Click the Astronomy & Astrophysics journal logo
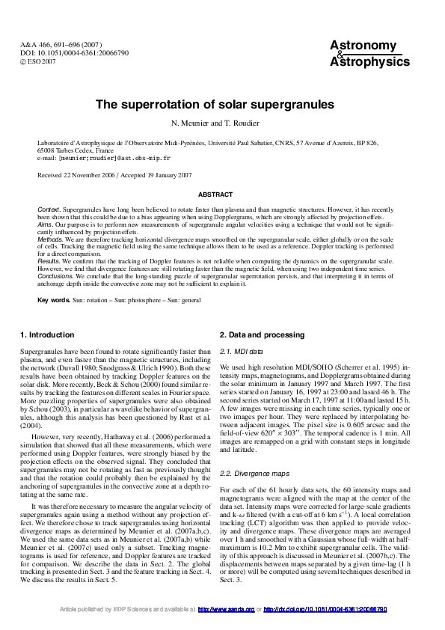point(369,54)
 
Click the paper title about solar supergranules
point(222,105)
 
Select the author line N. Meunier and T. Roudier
point(222,123)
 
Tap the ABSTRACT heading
point(222,194)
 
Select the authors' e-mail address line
point(104,159)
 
